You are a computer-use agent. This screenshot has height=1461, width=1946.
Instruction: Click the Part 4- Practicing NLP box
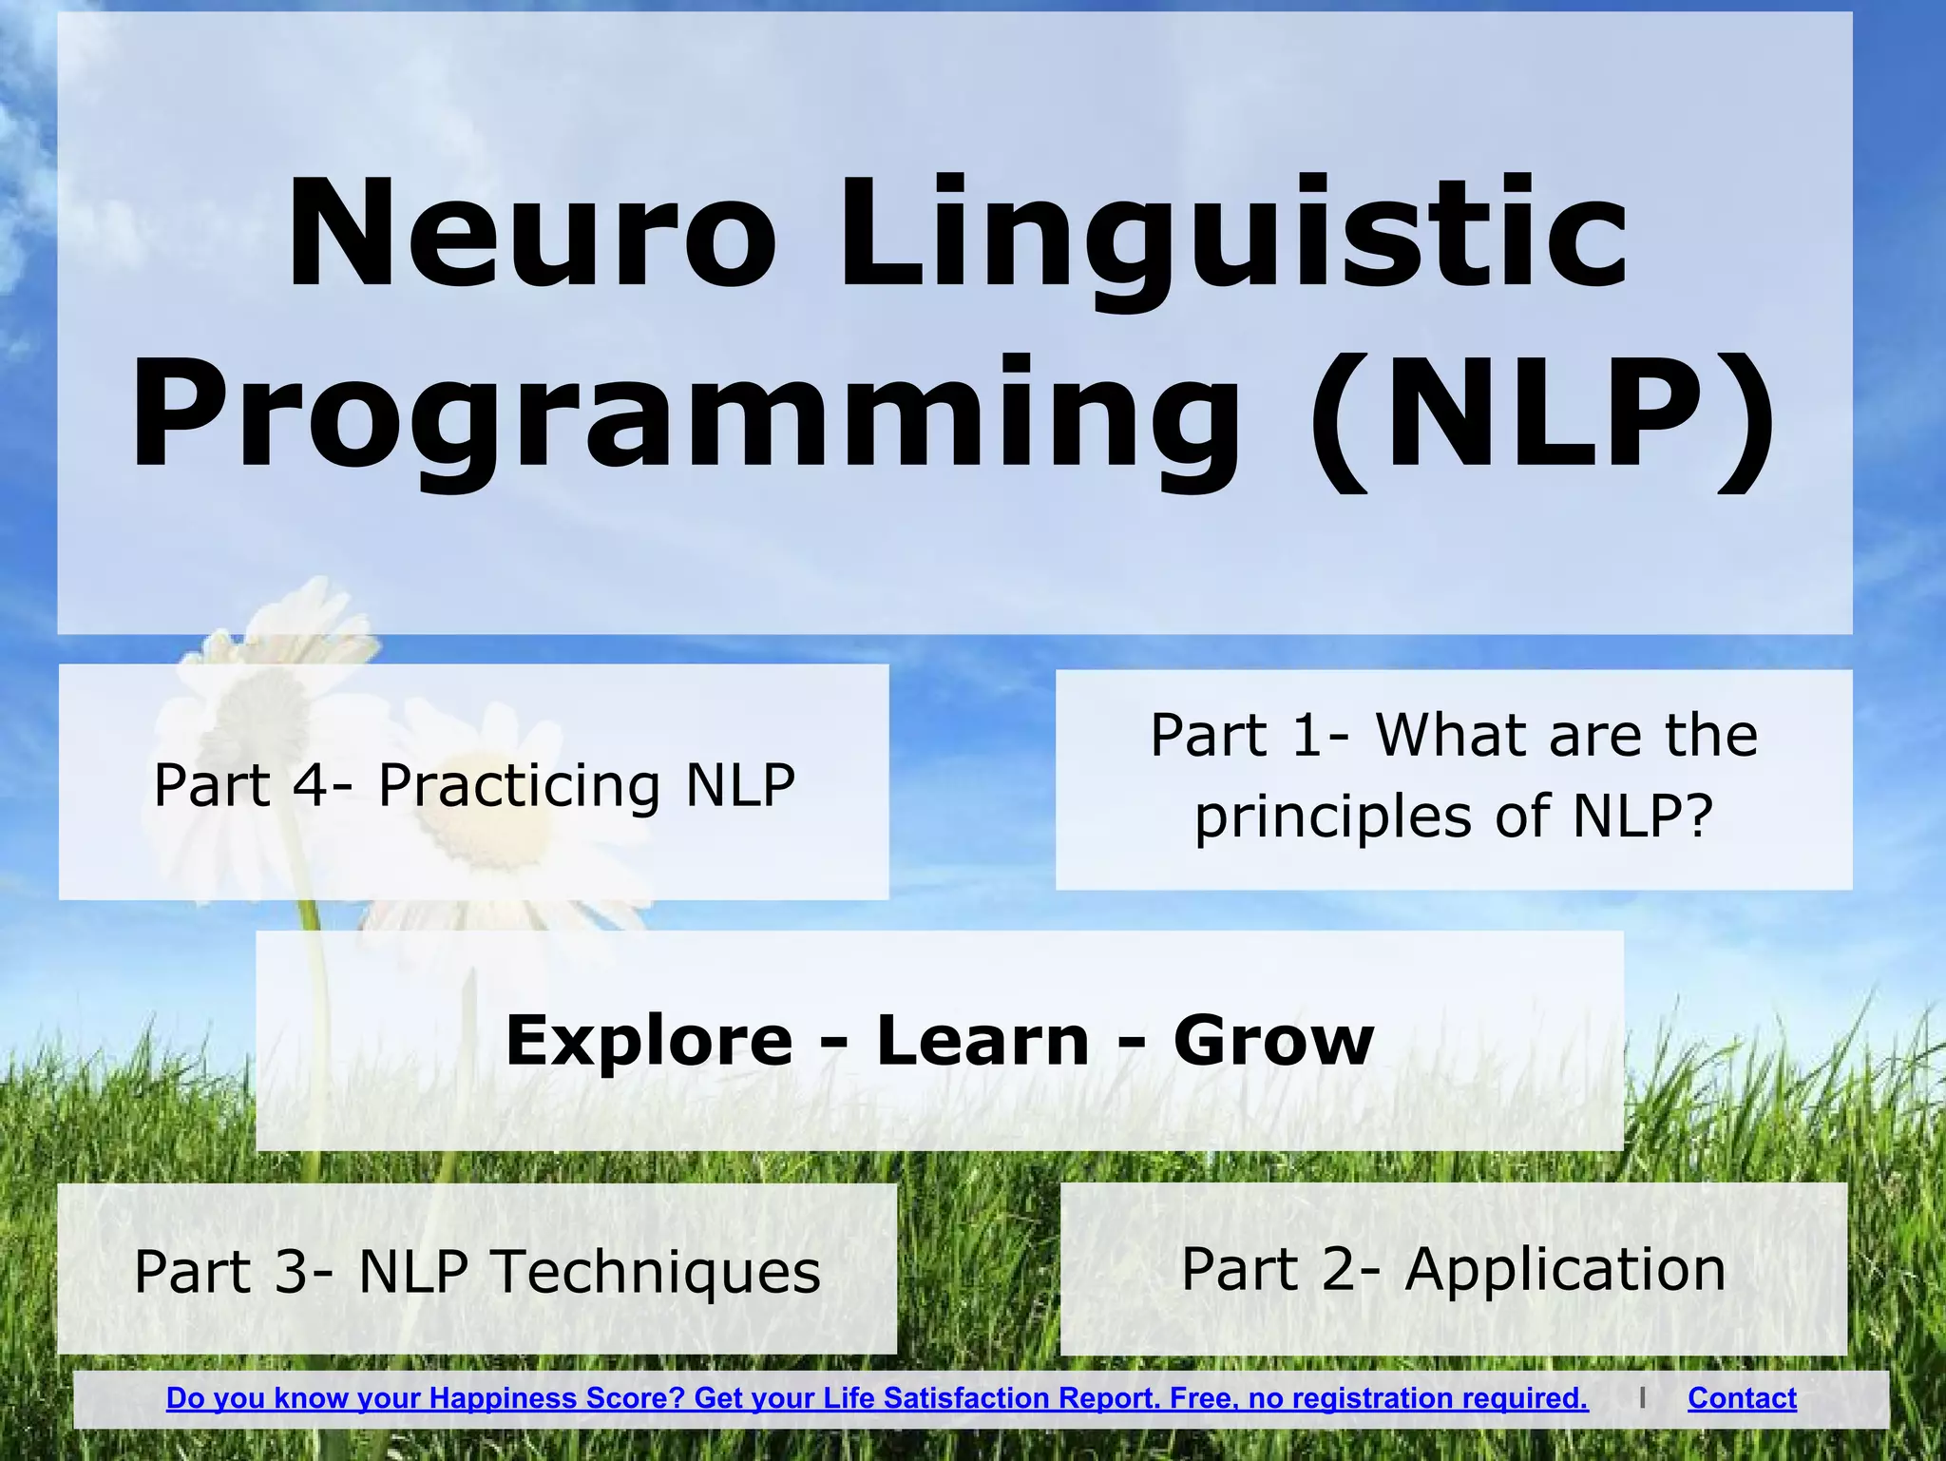point(473,783)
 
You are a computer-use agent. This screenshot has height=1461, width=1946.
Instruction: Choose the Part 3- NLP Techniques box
point(476,1270)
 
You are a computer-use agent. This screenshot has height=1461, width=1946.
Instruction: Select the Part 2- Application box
point(1453,1269)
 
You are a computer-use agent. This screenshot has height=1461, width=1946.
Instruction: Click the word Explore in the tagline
point(649,1040)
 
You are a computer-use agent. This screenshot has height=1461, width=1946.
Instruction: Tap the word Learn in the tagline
point(982,1040)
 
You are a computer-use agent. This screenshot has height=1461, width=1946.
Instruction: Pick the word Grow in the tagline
point(1273,1040)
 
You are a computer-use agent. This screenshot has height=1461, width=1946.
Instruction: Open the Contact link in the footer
point(1742,1398)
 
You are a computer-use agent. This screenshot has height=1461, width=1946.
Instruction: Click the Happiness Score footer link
point(876,1398)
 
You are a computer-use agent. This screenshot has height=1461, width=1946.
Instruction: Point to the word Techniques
point(656,1272)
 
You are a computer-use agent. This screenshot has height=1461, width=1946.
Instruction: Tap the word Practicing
point(519,786)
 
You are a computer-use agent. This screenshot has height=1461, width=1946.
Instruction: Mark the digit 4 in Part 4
point(311,784)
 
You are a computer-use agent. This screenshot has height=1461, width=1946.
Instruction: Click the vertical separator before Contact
point(1642,1398)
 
